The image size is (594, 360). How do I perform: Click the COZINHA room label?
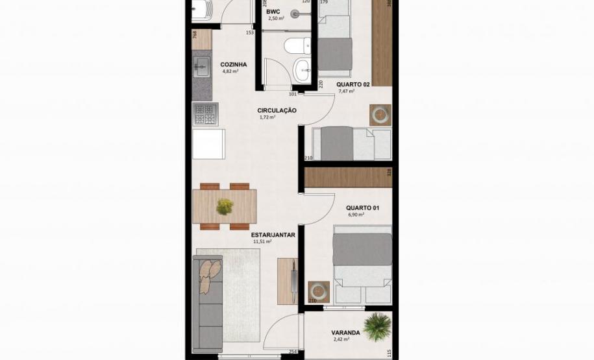pos(233,64)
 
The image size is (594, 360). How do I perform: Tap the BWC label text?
pos(273,12)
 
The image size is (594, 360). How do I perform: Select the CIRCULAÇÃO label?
pos(277,110)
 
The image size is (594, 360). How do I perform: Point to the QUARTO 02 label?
pos(353,84)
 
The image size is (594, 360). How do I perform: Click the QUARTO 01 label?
pos(362,208)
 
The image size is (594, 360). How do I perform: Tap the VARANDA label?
pos(347,333)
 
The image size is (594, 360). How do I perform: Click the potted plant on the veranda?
pos(377,326)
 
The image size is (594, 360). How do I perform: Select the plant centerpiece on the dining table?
pos(225,206)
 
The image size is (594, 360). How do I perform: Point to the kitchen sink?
pos(201,66)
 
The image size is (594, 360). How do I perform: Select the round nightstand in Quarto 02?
pos(380,115)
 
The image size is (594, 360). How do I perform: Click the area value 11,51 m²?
pos(262,241)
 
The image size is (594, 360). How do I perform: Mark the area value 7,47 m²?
pos(347,91)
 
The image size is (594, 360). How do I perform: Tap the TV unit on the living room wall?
pos(287,281)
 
